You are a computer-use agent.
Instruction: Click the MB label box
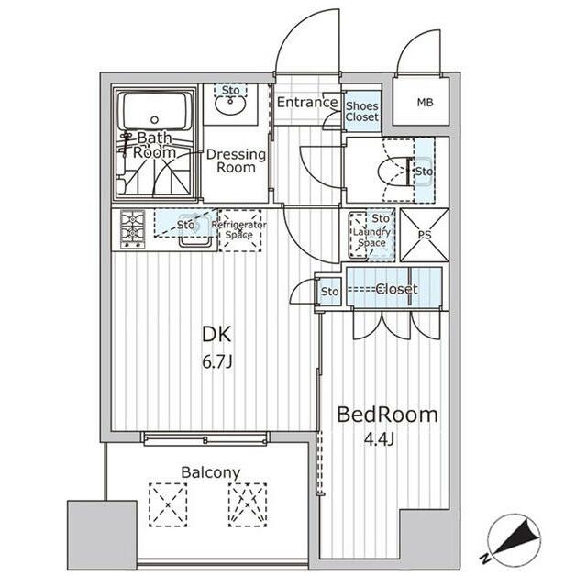423,101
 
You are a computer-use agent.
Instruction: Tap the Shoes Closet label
362,111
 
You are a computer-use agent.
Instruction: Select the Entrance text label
307,102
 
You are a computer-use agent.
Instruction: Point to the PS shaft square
425,233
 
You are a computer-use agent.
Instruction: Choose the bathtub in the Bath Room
155,114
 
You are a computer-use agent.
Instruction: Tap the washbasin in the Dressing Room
230,105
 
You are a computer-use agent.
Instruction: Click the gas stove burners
132,230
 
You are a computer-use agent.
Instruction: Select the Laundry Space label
371,238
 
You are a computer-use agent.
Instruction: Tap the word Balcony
210,472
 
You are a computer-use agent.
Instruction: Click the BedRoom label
387,415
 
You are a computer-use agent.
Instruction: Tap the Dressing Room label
236,161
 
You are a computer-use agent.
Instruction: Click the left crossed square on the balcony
168,504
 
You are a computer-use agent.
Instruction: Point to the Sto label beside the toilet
423,172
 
